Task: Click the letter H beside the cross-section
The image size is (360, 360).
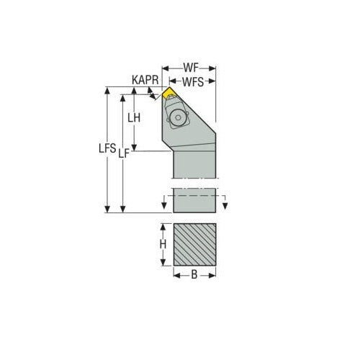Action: point(163,245)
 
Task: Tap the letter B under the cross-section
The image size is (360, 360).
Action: point(194,274)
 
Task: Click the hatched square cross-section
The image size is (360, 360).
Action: point(194,245)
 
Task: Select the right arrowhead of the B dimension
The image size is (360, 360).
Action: point(213,274)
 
